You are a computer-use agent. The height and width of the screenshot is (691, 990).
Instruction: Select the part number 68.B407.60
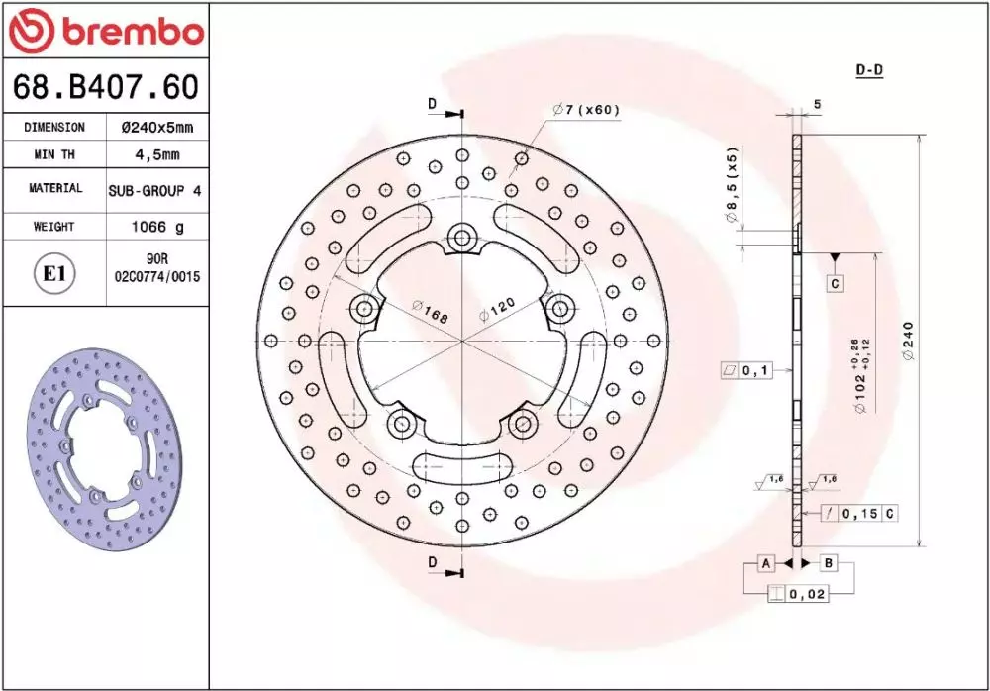tap(106, 86)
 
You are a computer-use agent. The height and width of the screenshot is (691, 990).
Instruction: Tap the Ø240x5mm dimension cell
tap(157, 127)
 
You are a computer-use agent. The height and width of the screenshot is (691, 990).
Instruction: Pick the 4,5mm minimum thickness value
tap(157, 154)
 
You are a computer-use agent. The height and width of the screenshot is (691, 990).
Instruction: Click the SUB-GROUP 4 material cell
tap(155, 191)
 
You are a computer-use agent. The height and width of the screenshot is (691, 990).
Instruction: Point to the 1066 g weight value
tap(157, 227)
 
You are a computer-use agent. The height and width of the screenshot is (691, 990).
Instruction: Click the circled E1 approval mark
tap(54, 274)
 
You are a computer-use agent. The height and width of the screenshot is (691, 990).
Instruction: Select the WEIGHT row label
tap(53, 226)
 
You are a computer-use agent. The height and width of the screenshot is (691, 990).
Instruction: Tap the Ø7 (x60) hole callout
tap(586, 109)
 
